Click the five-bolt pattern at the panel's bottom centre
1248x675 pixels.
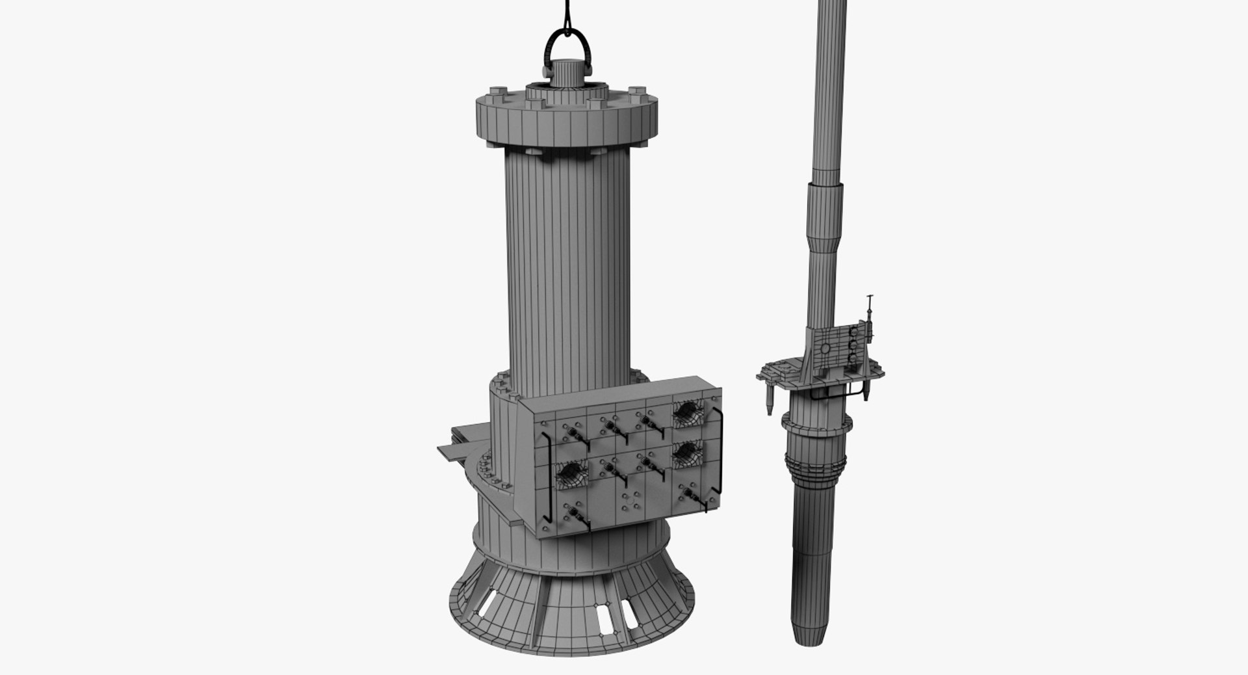tap(627, 503)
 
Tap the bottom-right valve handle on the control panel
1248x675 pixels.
tap(690, 499)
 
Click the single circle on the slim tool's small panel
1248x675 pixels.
tap(825, 349)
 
